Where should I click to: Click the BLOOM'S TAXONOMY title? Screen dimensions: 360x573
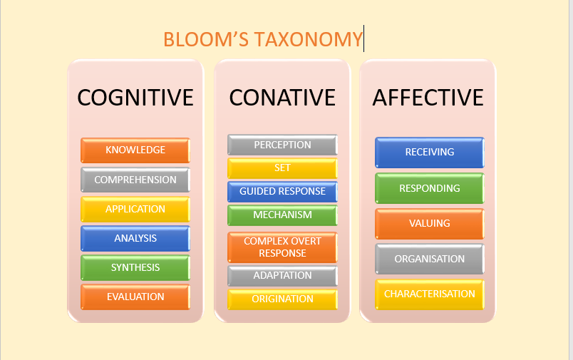tap(262, 39)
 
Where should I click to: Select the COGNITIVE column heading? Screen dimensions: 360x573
tap(135, 97)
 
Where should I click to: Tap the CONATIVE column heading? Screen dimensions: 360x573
tap(282, 97)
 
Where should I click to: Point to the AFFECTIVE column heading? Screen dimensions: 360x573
tap(428, 97)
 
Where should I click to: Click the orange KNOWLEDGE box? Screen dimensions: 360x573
tap(135, 150)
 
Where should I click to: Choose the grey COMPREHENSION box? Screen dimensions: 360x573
tap(135, 180)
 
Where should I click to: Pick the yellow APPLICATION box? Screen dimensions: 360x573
tap(135, 209)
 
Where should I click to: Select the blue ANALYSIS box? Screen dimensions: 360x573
tap(135, 238)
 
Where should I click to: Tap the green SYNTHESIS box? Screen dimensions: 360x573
tap(135, 267)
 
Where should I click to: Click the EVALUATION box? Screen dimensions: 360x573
tap(135, 297)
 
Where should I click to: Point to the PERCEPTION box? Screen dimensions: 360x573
tap(282, 145)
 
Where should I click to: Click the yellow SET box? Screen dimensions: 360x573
tap(282, 168)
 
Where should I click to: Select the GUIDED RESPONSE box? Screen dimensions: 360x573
tap(282, 191)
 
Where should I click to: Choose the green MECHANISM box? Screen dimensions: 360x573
tap(282, 215)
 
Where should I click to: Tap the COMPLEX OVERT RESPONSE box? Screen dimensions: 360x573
tap(282, 247)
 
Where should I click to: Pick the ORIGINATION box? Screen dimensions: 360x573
tap(282, 299)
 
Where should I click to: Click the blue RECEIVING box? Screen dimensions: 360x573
tap(429, 152)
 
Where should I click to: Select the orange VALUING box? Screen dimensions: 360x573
tap(429, 223)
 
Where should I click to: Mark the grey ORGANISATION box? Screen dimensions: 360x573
tap(429, 259)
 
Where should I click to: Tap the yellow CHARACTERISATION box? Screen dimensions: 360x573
tap(429, 294)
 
